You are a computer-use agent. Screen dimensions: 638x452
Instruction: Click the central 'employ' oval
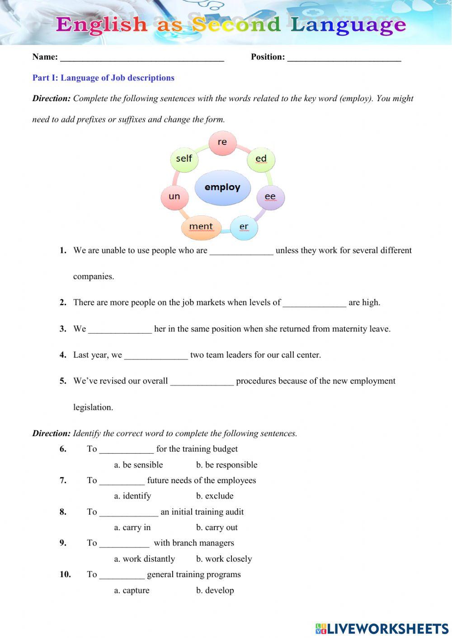click(222, 187)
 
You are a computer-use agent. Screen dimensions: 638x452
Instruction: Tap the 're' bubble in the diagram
click(222, 142)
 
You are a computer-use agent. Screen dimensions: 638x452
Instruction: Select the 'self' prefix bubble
click(184, 158)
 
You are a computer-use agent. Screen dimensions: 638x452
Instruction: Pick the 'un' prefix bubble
click(174, 196)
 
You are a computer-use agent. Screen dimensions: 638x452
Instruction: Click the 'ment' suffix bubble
click(201, 227)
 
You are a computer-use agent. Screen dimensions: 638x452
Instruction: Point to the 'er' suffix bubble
click(244, 227)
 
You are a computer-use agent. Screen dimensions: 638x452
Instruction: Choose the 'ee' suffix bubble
click(270, 196)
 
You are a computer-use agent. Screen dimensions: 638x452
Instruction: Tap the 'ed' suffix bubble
click(261, 158)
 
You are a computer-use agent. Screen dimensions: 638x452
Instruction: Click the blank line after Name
click(142, 58)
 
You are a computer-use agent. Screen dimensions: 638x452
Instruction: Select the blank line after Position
click(344, 58)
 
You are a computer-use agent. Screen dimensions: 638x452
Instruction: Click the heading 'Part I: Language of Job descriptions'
click(103, 78)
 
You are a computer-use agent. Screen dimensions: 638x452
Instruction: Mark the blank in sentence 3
click(120, 330)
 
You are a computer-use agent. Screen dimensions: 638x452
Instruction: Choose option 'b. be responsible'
click(226, 465)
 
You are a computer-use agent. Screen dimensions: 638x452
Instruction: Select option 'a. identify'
click(132, 496)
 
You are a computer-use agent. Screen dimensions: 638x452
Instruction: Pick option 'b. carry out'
click(217, 527)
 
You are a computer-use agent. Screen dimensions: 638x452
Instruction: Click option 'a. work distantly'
click(144, 559)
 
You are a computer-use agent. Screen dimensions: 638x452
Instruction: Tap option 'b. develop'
click(215, 590)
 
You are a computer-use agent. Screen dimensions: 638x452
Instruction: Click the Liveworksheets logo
click(381, 629)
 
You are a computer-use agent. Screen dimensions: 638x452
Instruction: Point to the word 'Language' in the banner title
click(348, 25)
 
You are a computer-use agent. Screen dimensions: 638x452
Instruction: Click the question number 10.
click(65, 574)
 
